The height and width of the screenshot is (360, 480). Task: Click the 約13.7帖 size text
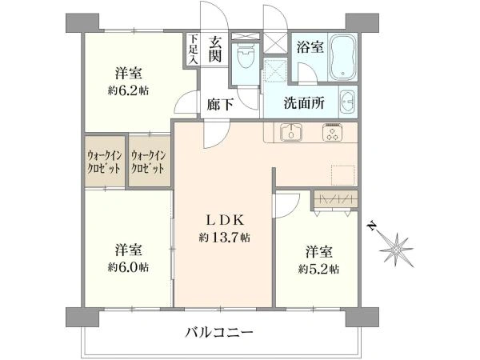coord(224,237)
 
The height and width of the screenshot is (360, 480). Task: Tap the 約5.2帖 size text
coord(317,267)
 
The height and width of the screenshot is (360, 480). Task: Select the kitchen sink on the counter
coord(292,133)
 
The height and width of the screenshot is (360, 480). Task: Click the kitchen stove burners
coord(332,133)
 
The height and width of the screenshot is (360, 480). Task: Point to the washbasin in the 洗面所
coord(347,102)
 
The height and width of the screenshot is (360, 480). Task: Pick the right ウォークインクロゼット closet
coord(149,163)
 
